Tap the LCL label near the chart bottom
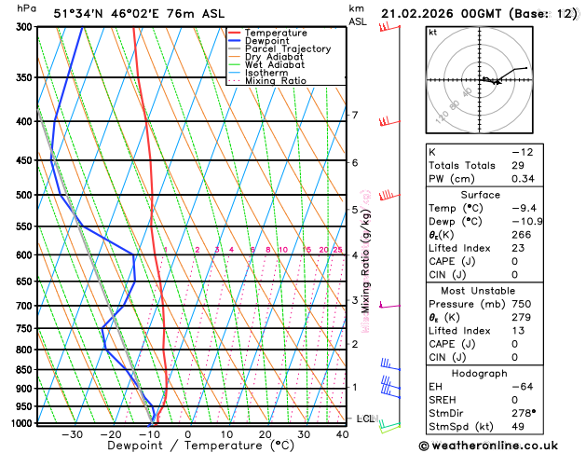pyautogui.click(x=365, y=419)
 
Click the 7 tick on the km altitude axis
pyautogui.click(x=354, y=116)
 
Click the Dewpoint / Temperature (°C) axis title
pyautogui.click(x=187, y=446)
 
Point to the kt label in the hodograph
pyautogui.click(x=432, y=33)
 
